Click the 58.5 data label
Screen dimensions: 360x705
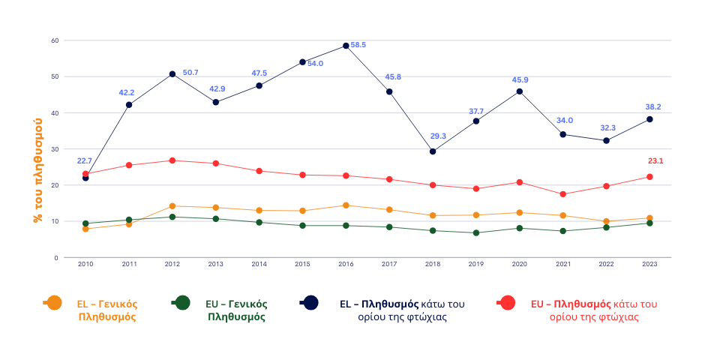(x=358, y=45)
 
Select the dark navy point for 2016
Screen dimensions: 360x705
(x=346, y=46)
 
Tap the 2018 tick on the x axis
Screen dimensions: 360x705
(x=433, y=264)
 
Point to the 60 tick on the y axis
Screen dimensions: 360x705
(x=55, y=40)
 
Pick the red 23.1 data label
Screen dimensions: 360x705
(x=655, y=161)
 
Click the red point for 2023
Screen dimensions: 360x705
(x=649, y=177)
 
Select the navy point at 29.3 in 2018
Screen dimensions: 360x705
(x=433, y=151)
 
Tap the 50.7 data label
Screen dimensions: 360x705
(x=190, y=73)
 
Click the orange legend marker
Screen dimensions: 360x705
(x=53, y=302)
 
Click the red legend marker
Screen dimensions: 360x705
(x=507, y=302)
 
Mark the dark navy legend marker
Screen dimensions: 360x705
(x=310, y=302)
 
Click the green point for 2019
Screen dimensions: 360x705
(x=476, y=232)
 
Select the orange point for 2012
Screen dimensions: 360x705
(x=172, y=206)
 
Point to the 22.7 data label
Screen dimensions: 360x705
(x=85, y=161)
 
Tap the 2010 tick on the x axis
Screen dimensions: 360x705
(x=85, y=264)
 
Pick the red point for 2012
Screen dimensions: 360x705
(x=172, y=160)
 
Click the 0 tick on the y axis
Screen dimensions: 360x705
(x=56, y=257)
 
